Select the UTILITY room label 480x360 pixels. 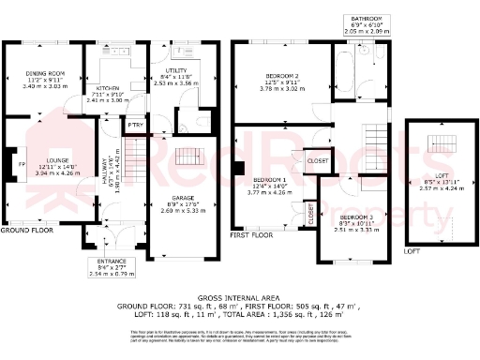176,70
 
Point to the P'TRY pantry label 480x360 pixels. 137,124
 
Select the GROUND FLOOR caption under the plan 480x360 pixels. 26,230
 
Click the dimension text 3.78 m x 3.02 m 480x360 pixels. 282,91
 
